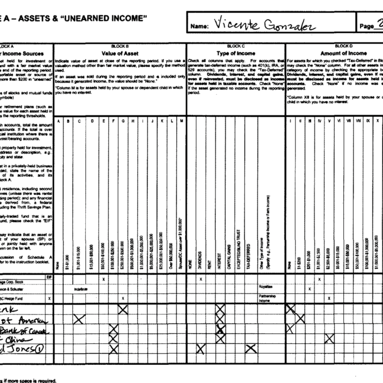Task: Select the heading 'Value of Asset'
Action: pyautogui.click(x=120, y=53)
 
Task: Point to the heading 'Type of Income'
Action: pyautogui.click(x=236, y=53)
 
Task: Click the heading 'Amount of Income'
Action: pyautogui.click(x=341, y=53)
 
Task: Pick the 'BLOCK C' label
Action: pyautogui.click(x=236, y=46)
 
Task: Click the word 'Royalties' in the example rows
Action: pyautogui.click(x=264, y=289)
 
